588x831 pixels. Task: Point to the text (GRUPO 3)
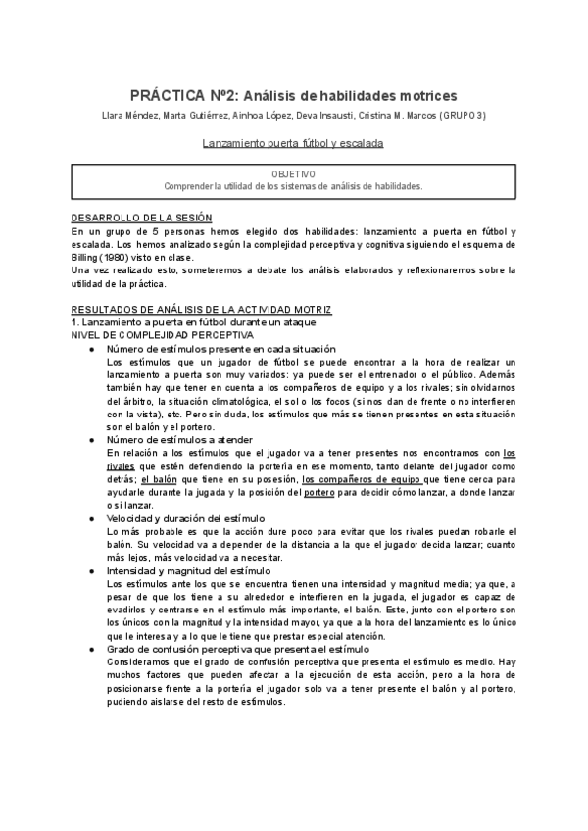coord(461,116)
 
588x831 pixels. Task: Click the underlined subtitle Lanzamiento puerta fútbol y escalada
coord(293,143)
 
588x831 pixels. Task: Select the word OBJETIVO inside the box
coord(293,173)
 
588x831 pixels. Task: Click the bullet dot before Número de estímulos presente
coord(90,349)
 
